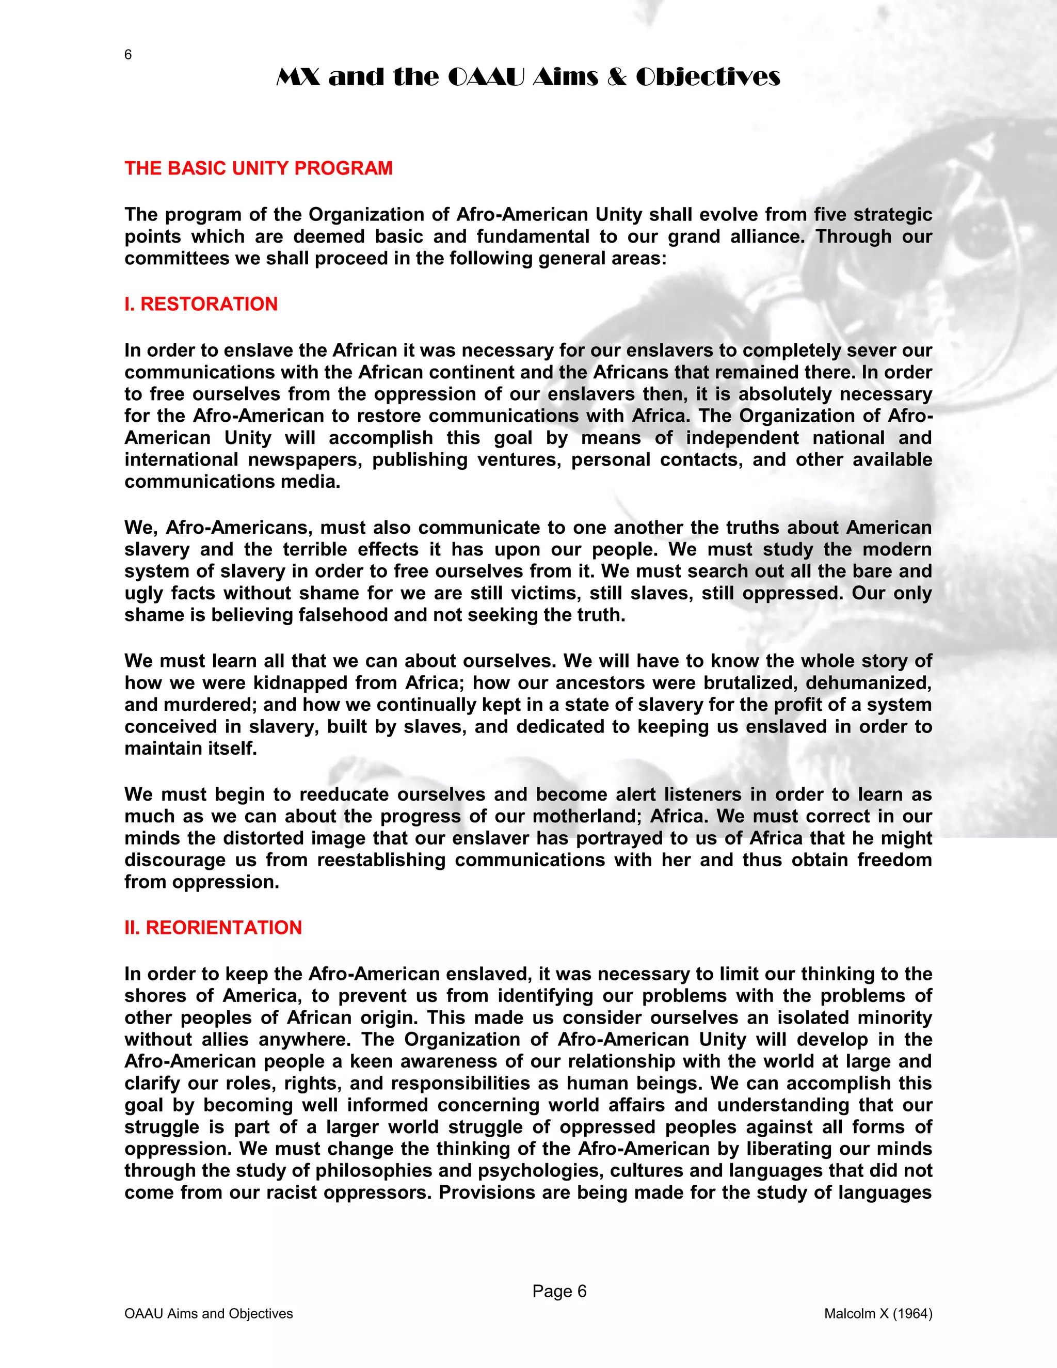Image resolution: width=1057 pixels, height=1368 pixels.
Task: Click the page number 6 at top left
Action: click(x=128, y=55)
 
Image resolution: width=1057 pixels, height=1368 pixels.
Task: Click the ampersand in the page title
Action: click(x=616, y=77)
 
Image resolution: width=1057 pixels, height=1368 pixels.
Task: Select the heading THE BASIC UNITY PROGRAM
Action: click(x=258, y=168)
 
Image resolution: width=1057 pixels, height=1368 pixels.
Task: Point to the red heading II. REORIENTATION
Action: click(x=213, y=928)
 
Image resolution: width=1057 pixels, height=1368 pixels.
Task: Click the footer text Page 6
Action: click(x=559, y=1291)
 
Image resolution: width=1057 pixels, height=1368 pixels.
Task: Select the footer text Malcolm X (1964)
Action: click(x=878, y=1313)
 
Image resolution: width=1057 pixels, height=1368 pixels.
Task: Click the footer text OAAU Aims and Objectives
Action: click(x=209, y=1313)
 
